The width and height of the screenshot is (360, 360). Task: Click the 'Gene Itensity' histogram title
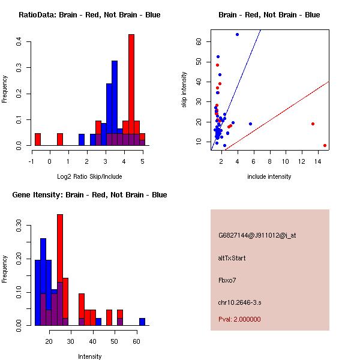click(x=89, y=195)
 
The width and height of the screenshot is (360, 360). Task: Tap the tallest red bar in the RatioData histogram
click(x=131, y=90)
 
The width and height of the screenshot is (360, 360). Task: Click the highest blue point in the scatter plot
click(x=238, y=34)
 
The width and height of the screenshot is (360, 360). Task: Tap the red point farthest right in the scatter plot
click(x=325, y=145)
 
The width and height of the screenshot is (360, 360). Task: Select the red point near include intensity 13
click(x=313, y=124)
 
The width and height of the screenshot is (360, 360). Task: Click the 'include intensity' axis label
click(x=269, y=176)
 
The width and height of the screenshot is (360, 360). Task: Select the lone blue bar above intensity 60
click(x=142, y=322)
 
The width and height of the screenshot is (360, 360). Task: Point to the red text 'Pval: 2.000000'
click(x=239, y=319)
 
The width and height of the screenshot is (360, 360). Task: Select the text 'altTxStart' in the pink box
click(x=232, y=258)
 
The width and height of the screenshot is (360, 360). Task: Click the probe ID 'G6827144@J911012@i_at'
click(x=257, y=235)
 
